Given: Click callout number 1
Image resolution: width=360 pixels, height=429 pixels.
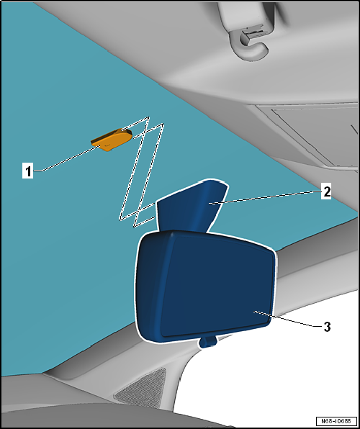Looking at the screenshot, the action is click(27, 171).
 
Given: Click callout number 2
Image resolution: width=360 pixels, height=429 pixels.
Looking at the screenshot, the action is click(326, 191).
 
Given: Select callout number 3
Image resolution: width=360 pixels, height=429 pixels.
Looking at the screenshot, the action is click(327, 327).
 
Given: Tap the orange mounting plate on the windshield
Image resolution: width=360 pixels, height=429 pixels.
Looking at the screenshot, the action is click(112, 140).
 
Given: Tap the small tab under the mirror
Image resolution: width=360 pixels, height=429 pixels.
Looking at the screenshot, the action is click(208, 342).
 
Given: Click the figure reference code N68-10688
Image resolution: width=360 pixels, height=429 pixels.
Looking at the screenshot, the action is click(336, 421).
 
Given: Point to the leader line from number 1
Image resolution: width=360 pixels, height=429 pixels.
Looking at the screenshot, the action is click(70, 158).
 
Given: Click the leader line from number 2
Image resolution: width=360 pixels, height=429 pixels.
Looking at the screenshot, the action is click(265, 197).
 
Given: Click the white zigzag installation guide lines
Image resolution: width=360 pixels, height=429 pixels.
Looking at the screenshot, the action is click(142, 172).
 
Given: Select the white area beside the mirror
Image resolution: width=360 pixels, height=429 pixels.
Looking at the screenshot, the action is click(274, 378).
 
